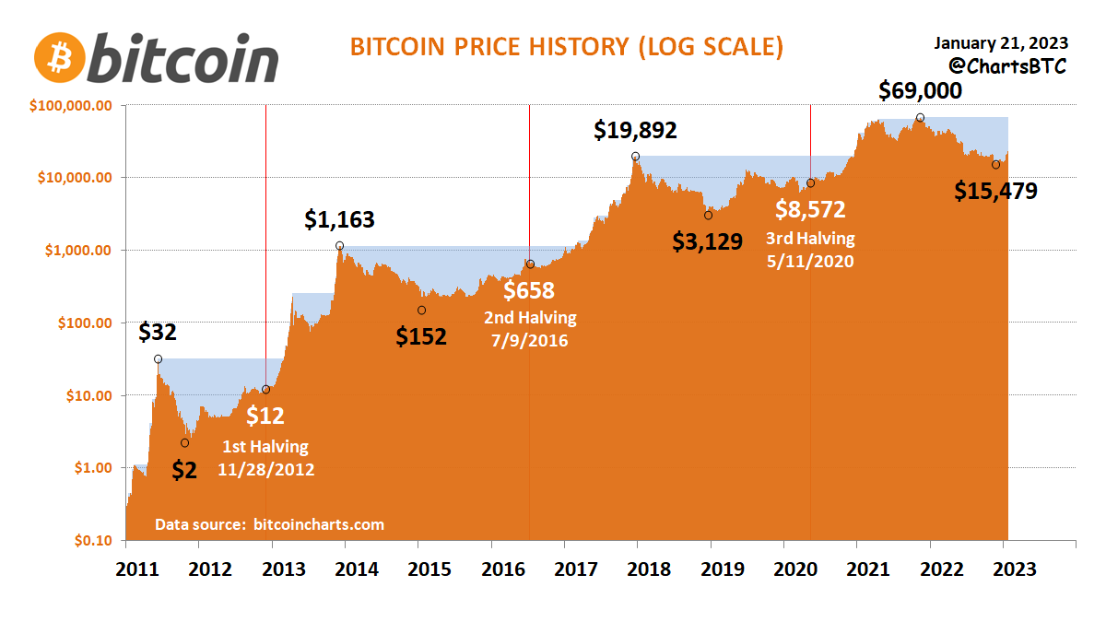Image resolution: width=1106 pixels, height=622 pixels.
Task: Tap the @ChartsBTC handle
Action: (x=1007, y=66)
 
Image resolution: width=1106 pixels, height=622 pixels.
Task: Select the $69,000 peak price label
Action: (x=920, y=91)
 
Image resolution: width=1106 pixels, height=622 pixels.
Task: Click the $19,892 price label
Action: (x=635, y=131)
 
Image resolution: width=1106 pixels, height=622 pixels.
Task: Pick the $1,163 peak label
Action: (x=340, y=220)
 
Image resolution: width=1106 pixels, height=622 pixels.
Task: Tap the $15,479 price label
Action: (x=995, y=192)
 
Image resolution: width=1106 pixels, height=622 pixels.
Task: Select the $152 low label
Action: (x=421, y=336)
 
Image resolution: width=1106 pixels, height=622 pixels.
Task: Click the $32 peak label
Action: (x=158, y=333)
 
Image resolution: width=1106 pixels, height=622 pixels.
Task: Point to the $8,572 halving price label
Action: (x=810, y=210)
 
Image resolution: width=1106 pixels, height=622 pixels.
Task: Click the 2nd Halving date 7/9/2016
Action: (x=530, y=340)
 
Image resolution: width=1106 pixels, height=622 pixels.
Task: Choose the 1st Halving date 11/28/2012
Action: (x=266, y=469)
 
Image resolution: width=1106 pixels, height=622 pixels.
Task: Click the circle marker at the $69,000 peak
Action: (x=920, y=118)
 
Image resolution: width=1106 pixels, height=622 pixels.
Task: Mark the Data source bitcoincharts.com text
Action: (x=269, y=524)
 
